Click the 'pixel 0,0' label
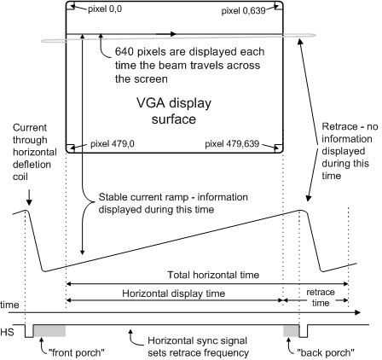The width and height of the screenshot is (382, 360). tap(105, 9)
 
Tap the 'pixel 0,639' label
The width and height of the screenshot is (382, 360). tap(243, 11)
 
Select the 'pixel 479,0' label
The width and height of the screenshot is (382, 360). tap(113, 144)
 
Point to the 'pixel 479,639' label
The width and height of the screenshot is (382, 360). tap(232, 144)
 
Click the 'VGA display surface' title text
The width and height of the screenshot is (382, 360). tap(174, 111)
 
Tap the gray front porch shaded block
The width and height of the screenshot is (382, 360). tap(49, 331)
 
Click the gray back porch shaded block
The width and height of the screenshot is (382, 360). tap(292, 331)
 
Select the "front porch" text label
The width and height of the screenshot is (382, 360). tap(77, 353)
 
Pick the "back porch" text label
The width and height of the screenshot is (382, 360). tap(326, 353)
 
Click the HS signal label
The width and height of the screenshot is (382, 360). tap(7, 332)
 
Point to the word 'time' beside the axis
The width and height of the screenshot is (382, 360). tap(9, 305)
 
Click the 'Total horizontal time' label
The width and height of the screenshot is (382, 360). tap(213, 275)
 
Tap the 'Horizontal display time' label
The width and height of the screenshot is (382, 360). tap(174, 293)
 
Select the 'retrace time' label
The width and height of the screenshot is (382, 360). tap(321, 298)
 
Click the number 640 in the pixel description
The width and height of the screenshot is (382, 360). tap(124, 52)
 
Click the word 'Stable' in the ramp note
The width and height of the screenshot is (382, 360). tap(112, 197)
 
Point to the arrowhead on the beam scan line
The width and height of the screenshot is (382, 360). tap(173, 34)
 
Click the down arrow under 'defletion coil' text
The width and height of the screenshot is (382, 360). tap(29, 198)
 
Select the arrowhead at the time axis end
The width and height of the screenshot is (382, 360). tap(357, 313)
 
